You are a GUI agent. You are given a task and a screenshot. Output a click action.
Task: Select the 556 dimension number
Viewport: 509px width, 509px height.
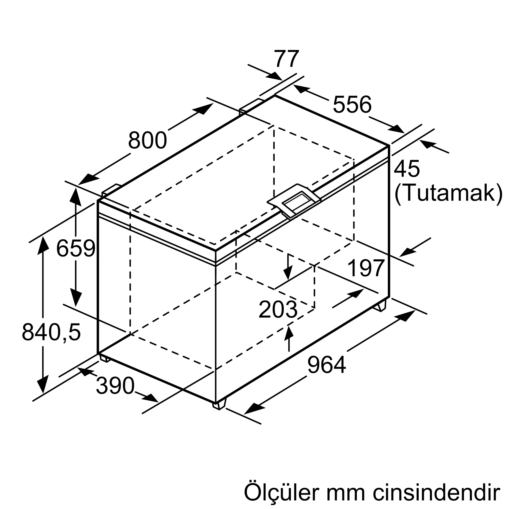[352, 105]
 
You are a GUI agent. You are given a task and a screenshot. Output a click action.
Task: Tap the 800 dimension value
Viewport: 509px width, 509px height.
[148, 140]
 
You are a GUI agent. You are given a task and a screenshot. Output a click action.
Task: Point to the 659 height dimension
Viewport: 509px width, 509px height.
[76, 248]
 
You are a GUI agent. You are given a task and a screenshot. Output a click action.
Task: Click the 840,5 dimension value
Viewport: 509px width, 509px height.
[51, 332]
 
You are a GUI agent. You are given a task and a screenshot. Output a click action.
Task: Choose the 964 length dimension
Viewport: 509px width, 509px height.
[327, 365]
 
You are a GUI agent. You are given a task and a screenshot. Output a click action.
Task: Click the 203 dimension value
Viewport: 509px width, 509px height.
[278, 310]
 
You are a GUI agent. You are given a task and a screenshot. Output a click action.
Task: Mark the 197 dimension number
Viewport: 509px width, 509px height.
[366, 268]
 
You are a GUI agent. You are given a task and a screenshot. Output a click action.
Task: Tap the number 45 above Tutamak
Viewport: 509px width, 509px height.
[407, 169]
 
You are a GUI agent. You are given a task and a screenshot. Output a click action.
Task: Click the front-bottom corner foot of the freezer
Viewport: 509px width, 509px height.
[219, 406]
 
